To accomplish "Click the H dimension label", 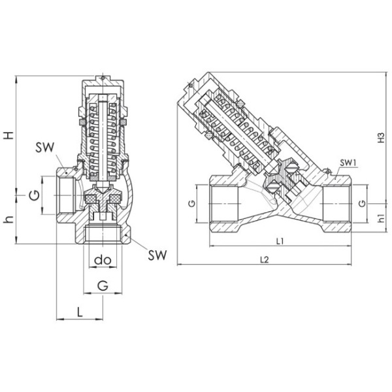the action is pyautogui.click(x=9, y=136).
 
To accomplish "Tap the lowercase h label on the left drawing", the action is pyautogui.click(x=9, y=220).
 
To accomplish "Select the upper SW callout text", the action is pyautogui.click(x=44, y=148).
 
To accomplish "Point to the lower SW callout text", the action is pyautogui.click(x=157, y=255).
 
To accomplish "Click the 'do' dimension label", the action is pyautogui.click(x=103, y=260).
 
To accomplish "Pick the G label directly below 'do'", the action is pyautogui.click(x=103, y=286).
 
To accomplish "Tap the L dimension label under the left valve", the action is pyautogui.click(x=80, y=312).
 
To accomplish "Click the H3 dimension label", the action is pyautogui.click(x=381, y=137).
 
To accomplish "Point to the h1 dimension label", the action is pyautogui.click(x=381, y=218).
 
